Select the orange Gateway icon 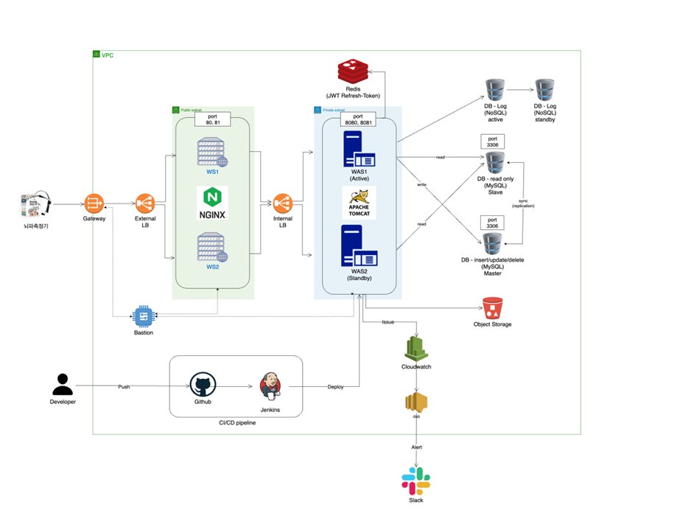[x=94, y=202]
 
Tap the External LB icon [x=145, y=202]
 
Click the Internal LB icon [x=283, y=202]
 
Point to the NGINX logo [x=213, y=203]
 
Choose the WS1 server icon [x=213, y=153]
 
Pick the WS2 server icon [x=213, y=247]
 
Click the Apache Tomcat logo [x=360, y=203]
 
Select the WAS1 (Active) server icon [x=359, y=150]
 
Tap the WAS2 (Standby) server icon [x=359, y=247]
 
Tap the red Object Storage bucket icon [x=492, y=307]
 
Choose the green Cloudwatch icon [x=417, y=348]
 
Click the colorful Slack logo [x=416, y=481]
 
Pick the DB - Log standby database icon [x=546, y=90]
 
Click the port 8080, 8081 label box [x=358, y=120]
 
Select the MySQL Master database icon [x=492, y=243]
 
